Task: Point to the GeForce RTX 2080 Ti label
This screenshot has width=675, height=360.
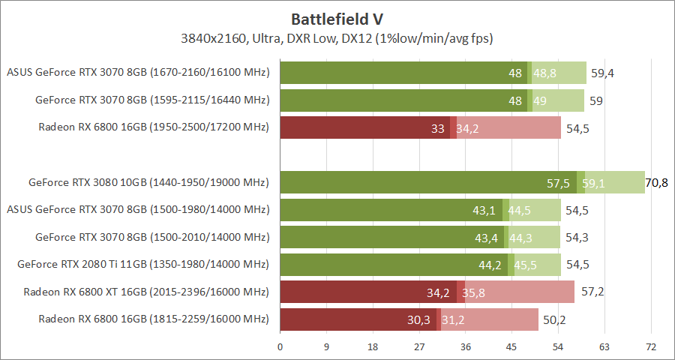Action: point(142,264)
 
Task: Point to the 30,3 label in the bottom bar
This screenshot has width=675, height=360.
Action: point(420,319)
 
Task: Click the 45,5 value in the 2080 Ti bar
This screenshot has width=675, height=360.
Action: point(524,264)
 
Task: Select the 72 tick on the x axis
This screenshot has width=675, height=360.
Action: point(650,346)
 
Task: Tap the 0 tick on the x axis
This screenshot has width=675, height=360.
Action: point(280,346)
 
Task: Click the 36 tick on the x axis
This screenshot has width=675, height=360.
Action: point(465,346)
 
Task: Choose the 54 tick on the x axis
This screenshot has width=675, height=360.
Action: point(558,346)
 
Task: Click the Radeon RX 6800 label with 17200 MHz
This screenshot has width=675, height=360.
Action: point(153,127)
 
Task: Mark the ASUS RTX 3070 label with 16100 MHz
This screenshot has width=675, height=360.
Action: point(137,73)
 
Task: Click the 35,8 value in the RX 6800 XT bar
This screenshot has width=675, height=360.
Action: point(473,292)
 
